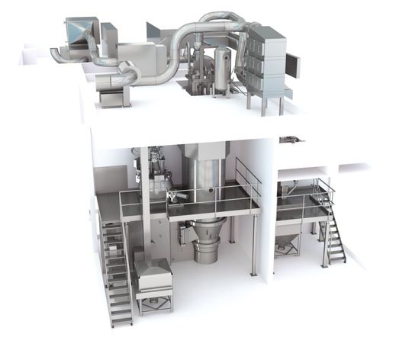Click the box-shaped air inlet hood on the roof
(79, 33)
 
